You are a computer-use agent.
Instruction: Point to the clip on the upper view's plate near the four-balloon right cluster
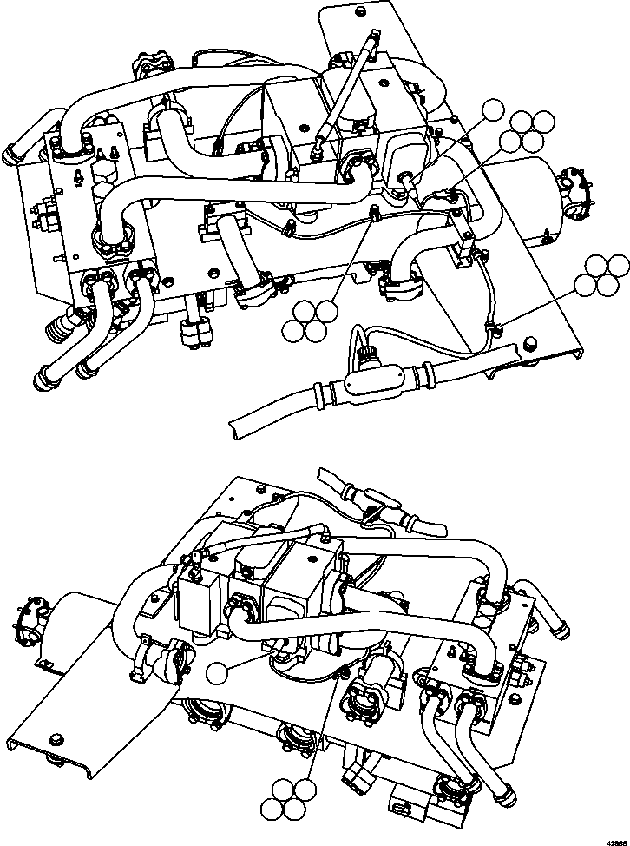click(x=492, y=327)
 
